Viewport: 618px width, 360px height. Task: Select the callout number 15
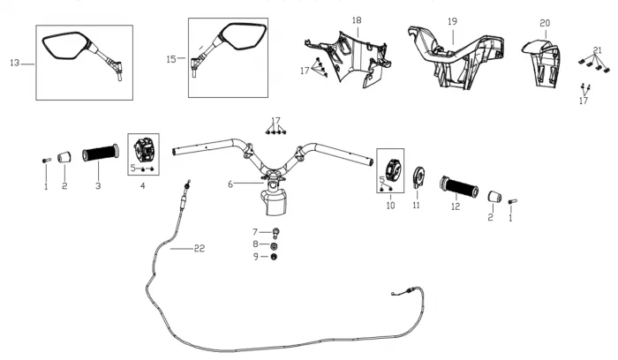pyautogui.click(x=171, y=59)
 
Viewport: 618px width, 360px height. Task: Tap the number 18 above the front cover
pyautogui.click(x=357, y=20)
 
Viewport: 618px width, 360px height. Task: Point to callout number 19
pyautogui.click(x=452, y=20)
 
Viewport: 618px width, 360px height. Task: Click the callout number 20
pyautogui.click(x=545, y=22)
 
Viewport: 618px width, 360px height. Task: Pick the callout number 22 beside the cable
pyautogui.click(x=199, y=249)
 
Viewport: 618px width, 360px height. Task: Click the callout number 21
pyautogui.click(x=598, y=49)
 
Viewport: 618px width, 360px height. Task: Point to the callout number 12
pyautogui.click(x=456, y=207)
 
